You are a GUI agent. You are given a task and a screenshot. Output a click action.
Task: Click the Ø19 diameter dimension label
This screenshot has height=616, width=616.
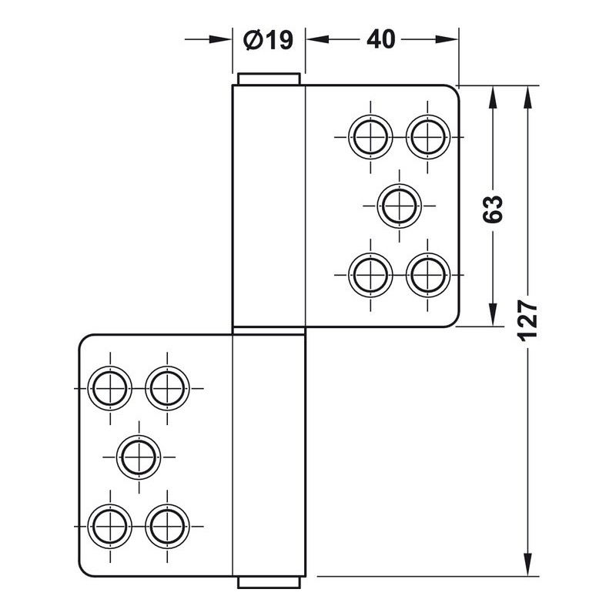pos(268,40)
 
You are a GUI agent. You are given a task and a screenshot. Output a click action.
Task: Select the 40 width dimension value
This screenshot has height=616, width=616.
pos(380,40)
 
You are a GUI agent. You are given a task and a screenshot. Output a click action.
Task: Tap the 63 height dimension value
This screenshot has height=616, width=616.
pos(493,209)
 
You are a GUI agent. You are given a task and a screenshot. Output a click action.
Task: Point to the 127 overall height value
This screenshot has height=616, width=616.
pos(527,320)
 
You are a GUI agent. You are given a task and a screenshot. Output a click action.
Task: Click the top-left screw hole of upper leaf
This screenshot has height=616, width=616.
pos(370,137)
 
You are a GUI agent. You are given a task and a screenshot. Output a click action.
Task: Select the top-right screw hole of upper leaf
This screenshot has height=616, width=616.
pos(428,137)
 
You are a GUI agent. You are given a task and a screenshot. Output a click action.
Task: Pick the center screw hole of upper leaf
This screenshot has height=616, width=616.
pos(399,206)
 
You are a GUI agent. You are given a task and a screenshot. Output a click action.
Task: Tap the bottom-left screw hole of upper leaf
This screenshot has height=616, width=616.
pos(370,275)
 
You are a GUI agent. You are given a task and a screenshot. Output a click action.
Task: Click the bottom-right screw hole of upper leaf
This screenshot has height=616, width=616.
pos(428,275)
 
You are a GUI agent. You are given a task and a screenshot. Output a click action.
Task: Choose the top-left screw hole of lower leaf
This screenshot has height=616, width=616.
pos(110,389)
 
